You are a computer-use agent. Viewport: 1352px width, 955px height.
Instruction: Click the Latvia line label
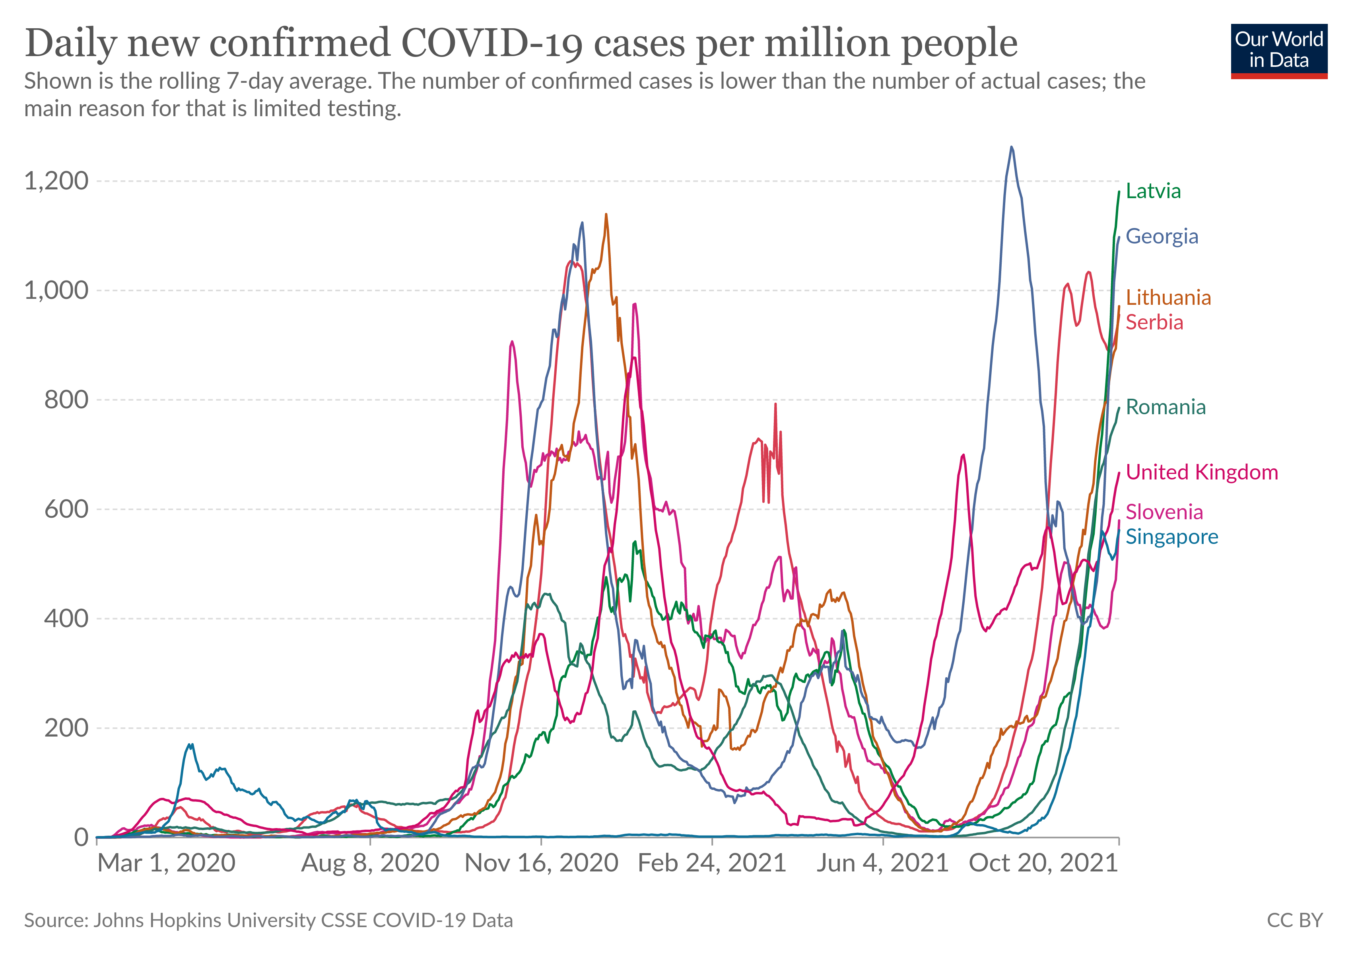point(1153,191)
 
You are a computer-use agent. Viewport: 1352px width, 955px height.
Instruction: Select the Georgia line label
point(1161,236)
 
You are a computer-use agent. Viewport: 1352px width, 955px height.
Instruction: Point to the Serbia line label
point(1154,322)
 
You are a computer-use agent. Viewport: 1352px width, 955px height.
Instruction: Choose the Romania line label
point(1166,407)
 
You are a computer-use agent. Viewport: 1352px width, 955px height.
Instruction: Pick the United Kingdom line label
point(1201,472)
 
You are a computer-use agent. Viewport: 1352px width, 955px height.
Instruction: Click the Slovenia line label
point(1164,512)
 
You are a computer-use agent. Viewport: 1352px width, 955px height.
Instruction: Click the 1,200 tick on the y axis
point(56,181)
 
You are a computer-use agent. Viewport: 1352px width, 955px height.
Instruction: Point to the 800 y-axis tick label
point(66,400)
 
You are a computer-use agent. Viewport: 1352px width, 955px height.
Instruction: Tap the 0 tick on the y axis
point(81,837)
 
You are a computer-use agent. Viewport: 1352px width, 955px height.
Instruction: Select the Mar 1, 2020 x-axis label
point(166,863)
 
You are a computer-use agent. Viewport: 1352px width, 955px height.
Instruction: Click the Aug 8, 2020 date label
point(370,863)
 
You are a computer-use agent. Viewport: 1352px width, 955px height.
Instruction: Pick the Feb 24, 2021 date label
point(712,863)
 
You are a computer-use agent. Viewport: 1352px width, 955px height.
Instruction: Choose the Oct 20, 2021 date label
point(1043,863)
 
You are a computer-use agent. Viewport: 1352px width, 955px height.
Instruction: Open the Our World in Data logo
point(1279,51)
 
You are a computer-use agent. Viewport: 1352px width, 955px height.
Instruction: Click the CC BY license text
point(1294,920)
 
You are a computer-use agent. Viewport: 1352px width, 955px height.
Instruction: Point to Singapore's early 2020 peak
point(190,745)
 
